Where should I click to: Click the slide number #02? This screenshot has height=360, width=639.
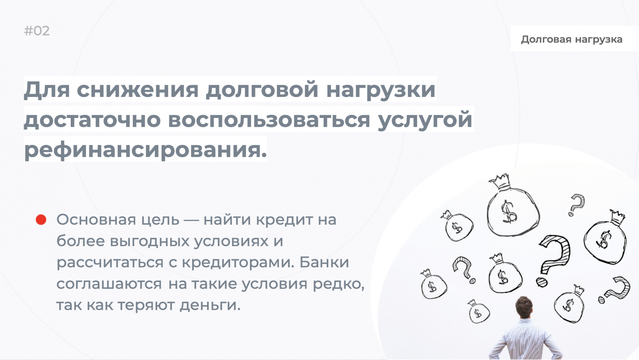point(37,31)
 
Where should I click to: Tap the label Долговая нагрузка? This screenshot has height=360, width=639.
point(572,39)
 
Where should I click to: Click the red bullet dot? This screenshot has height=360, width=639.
point(41,220)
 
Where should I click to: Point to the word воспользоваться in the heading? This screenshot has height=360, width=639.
point(269,119)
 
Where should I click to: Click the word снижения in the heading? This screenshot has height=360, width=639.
point(137,89)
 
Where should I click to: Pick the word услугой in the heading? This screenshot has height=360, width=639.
point(425,120)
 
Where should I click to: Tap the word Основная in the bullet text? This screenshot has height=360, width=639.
point(96,219)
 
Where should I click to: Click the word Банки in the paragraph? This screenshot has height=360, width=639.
point(324,262)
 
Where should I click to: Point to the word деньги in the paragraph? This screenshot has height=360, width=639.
point(210,305)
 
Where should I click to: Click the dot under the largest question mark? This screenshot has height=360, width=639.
point(542,282)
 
